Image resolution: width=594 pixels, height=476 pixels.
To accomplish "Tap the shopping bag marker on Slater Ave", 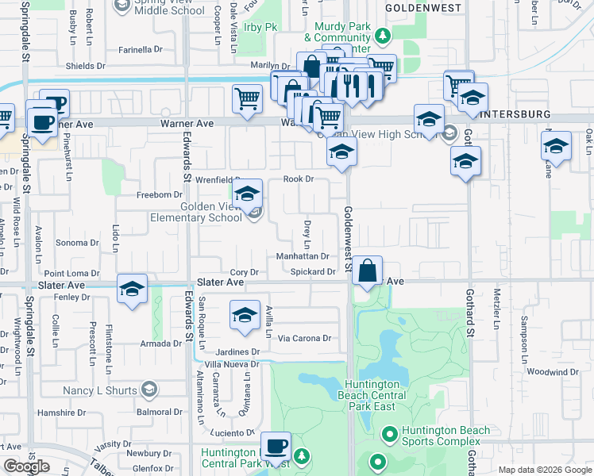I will tap(368, 271).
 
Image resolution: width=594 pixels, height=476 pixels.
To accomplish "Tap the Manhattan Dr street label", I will tap(303, 256).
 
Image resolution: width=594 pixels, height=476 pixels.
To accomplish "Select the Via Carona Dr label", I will tap(304, 338).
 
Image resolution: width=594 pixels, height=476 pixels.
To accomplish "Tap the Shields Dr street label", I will tap(80, 67).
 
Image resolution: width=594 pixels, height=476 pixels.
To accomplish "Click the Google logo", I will tap(26, 466).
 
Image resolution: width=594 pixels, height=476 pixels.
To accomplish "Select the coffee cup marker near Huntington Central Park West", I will tap(276, 447).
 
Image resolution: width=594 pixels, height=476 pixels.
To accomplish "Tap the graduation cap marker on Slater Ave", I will tap(132, 290).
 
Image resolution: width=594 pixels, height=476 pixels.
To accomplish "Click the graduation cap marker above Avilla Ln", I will tap(245, 315).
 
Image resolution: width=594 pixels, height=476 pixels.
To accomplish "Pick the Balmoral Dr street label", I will tap(160, 413).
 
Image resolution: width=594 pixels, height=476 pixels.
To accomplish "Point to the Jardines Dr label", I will tap(238, 351).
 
